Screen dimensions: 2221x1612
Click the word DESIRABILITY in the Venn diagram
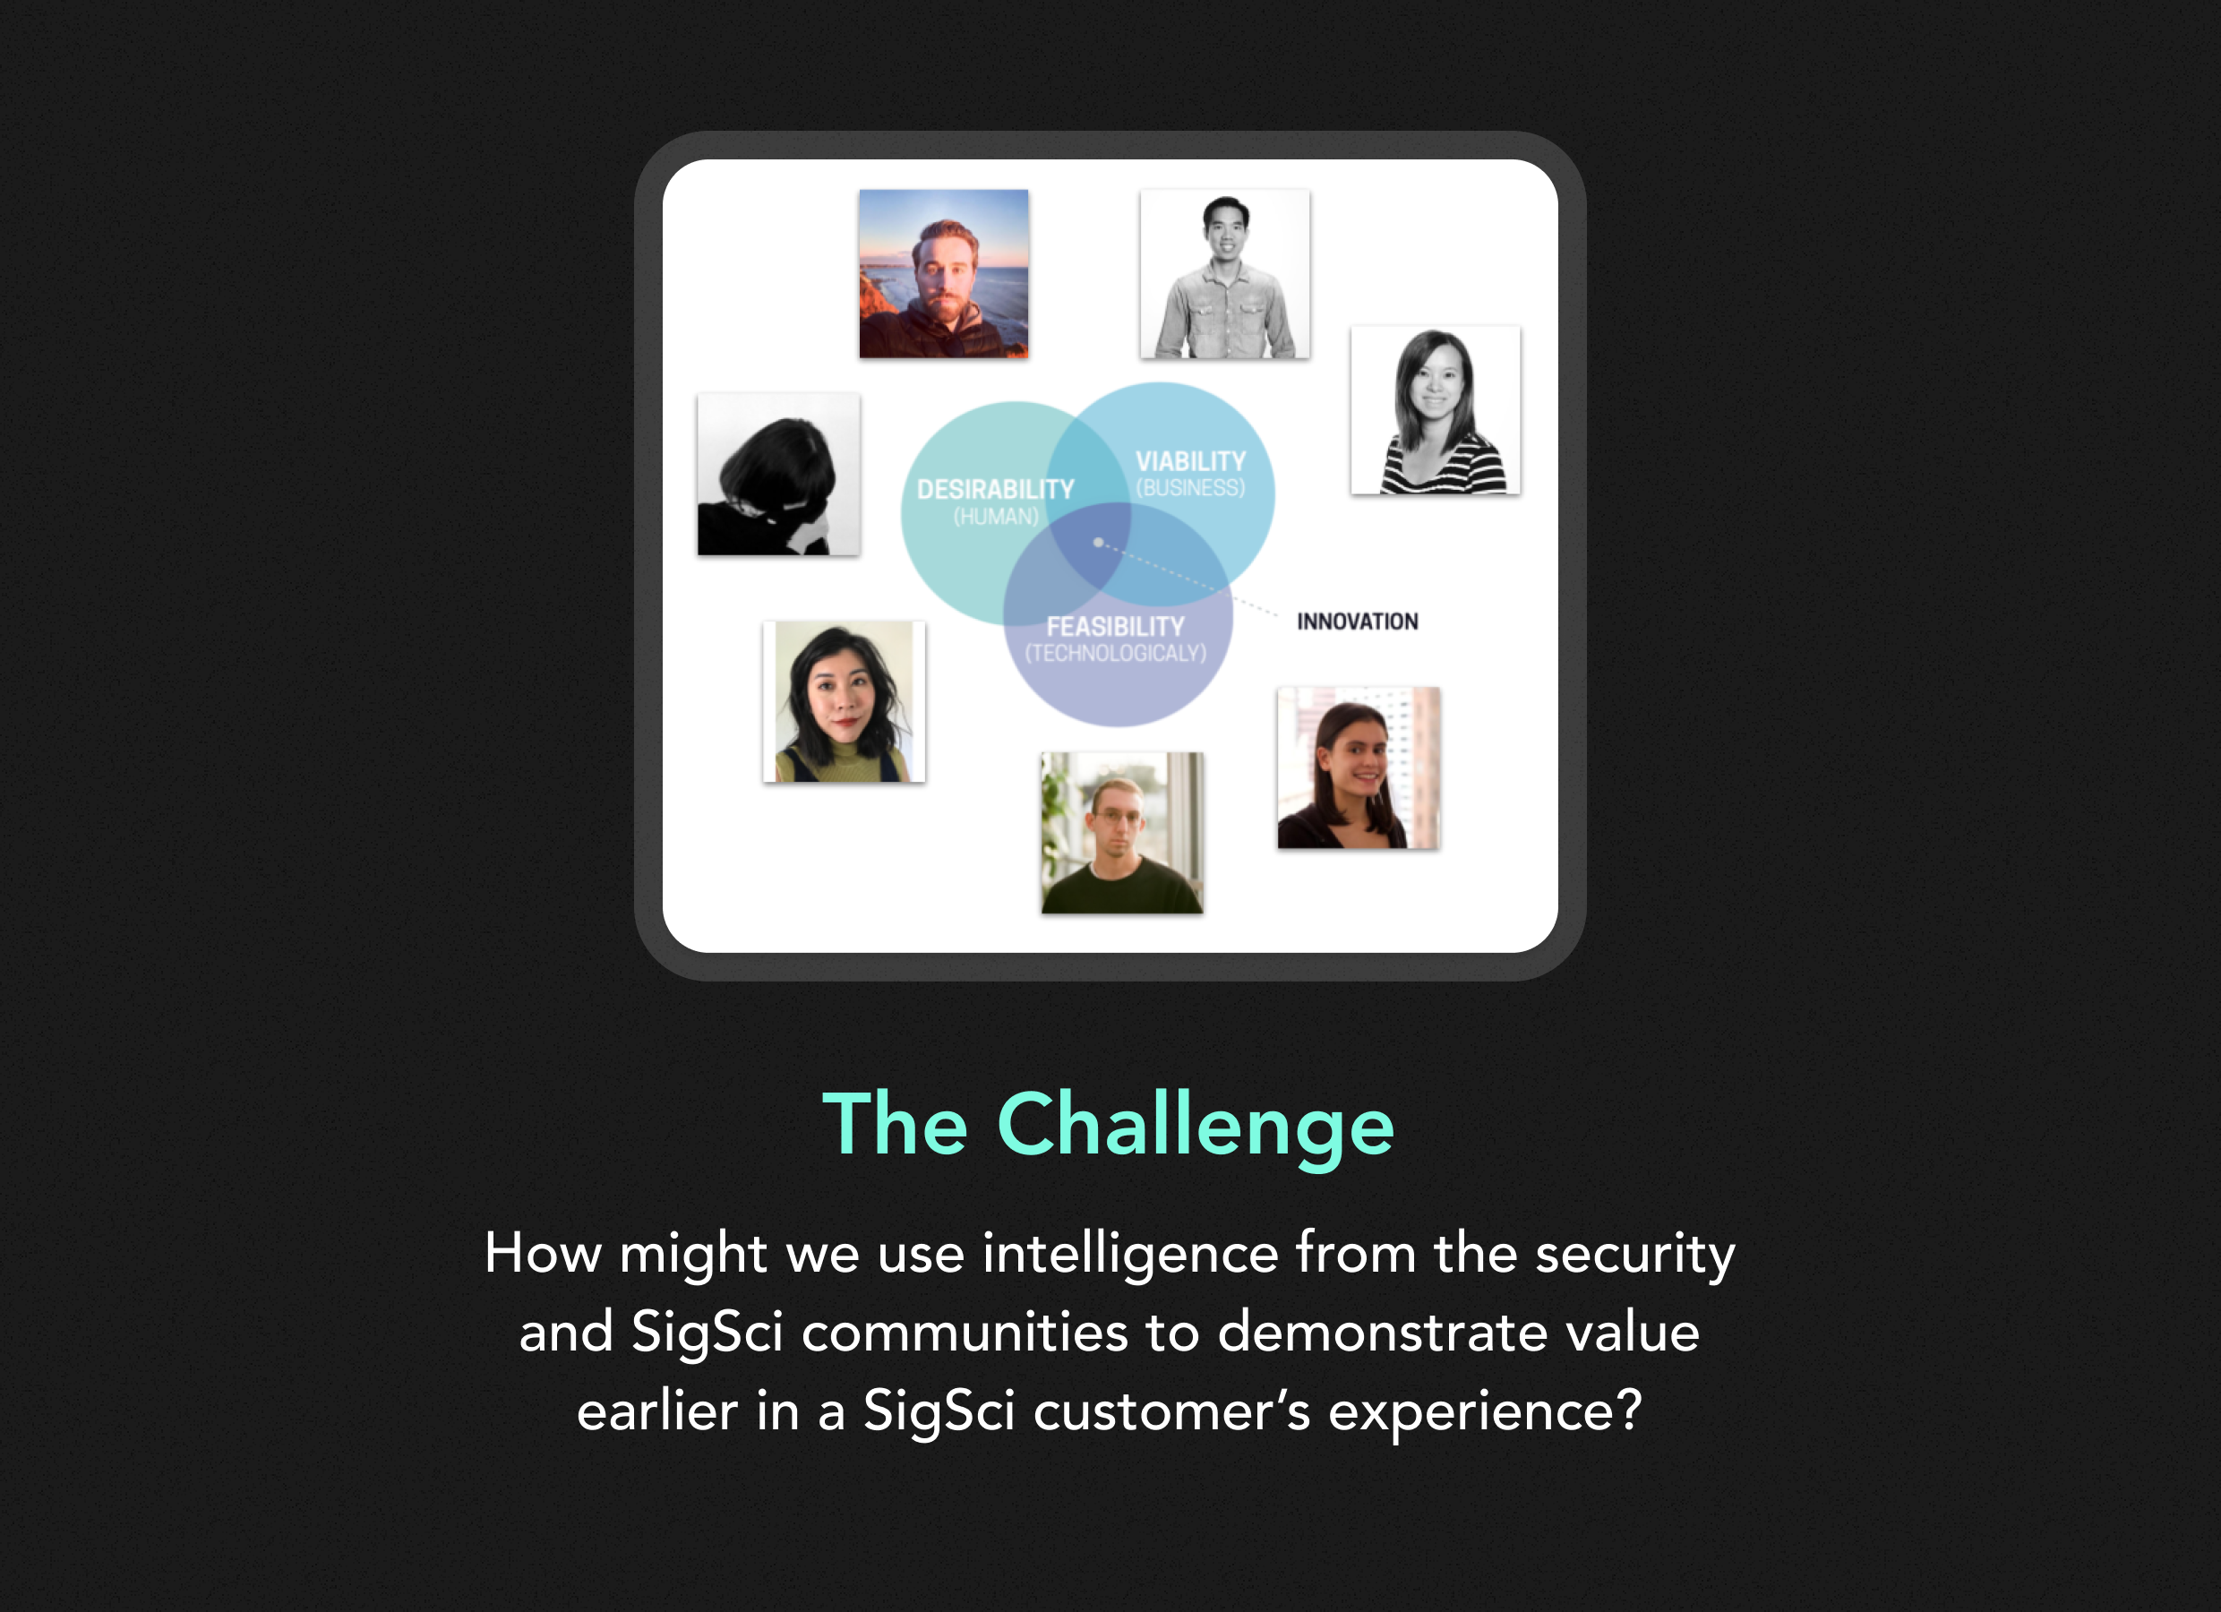click(x=995, y=490)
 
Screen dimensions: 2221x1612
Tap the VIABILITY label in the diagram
click(x=1191, y=461)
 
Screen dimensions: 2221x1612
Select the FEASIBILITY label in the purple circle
click(x=1115, y=627)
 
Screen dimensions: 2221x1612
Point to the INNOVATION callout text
click(x=1358, y=622)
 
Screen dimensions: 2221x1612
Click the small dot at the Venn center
click(x=1098, y=543)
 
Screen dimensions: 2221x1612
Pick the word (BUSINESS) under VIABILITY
click(x=1191, y=488)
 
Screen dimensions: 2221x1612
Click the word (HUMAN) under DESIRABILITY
click(x=996, y=516)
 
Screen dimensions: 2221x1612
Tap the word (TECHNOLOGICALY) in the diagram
click(x=1115, y=653)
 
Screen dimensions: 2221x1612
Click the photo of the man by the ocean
click(x=944, y=274)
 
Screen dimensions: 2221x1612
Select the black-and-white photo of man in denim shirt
click(x=1225, y=274)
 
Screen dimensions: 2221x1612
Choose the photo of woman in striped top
click(x=1436, y=410)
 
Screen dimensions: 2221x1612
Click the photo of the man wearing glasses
click(x=1122, y=834)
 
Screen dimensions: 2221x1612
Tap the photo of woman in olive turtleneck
click(x=845, y=702)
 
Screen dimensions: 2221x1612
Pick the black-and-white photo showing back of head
click(x=778, y=475)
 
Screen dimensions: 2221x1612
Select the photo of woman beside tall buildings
click(x=1359, y=767)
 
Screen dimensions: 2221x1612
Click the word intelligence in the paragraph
click(x=1131, y=1254)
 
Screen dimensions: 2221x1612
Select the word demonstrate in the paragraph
click(x=1382, y=1333)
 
